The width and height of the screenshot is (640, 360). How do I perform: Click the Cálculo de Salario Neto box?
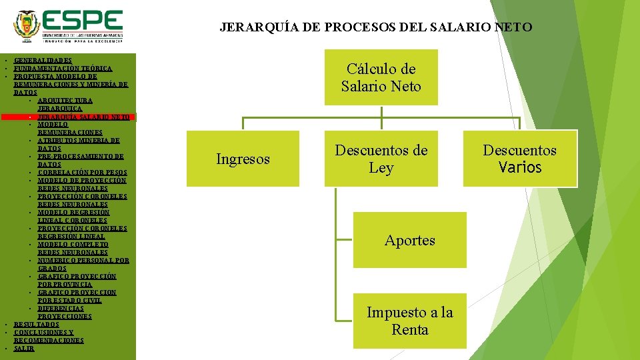(x=381, y=77)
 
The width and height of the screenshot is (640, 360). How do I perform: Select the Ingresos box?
(x=243, y=159)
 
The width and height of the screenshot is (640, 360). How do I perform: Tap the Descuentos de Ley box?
(x=381, y=159)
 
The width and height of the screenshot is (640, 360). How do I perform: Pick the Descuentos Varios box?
(x=519, y=159)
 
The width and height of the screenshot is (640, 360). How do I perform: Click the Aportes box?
(x=409, y=241)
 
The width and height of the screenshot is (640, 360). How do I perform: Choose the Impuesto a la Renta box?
(x=409, y=321)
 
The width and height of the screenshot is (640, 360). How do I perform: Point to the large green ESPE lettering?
(x=84, y=19)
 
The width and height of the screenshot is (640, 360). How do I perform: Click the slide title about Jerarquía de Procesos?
(x=376, y=27)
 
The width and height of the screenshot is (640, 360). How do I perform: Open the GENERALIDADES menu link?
(x=43, y=61)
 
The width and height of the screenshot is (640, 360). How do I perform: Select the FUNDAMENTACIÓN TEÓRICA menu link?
(x=63, y=69)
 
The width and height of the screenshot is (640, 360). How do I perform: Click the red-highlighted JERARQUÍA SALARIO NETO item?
(x=83, y=117)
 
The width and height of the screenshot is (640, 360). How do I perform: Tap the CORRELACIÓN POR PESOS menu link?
(x=82, y=173)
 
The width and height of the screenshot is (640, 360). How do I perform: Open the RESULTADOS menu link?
(x=36, y=325)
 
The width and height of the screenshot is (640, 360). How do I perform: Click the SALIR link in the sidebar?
(x=23, y=349)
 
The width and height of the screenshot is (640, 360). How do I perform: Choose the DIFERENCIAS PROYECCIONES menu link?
(x=65, y=312)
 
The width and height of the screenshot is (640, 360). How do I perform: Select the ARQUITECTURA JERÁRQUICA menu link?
(x=65, y=104)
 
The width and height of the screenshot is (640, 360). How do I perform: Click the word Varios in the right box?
(x=520, y=167)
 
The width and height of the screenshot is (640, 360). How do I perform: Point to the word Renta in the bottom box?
(x=409, y=330)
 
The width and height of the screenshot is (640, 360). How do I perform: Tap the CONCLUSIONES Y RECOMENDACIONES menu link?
(x=48, y=336)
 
